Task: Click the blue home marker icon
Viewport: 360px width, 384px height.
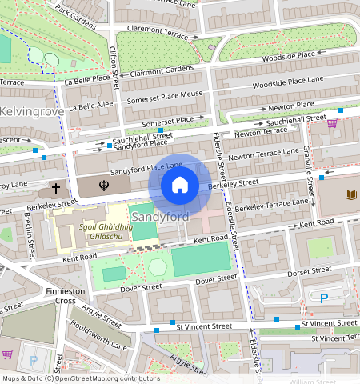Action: point(180,186)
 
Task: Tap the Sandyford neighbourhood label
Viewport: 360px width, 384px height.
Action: point(159,218)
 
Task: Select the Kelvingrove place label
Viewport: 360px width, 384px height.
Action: point(31,111)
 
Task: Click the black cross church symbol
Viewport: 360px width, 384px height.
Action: point(55,190)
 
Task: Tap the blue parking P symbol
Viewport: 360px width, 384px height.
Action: point(324,298)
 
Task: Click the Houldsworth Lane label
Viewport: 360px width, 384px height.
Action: point(98,340)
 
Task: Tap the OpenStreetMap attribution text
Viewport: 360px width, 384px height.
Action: point(80,378)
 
